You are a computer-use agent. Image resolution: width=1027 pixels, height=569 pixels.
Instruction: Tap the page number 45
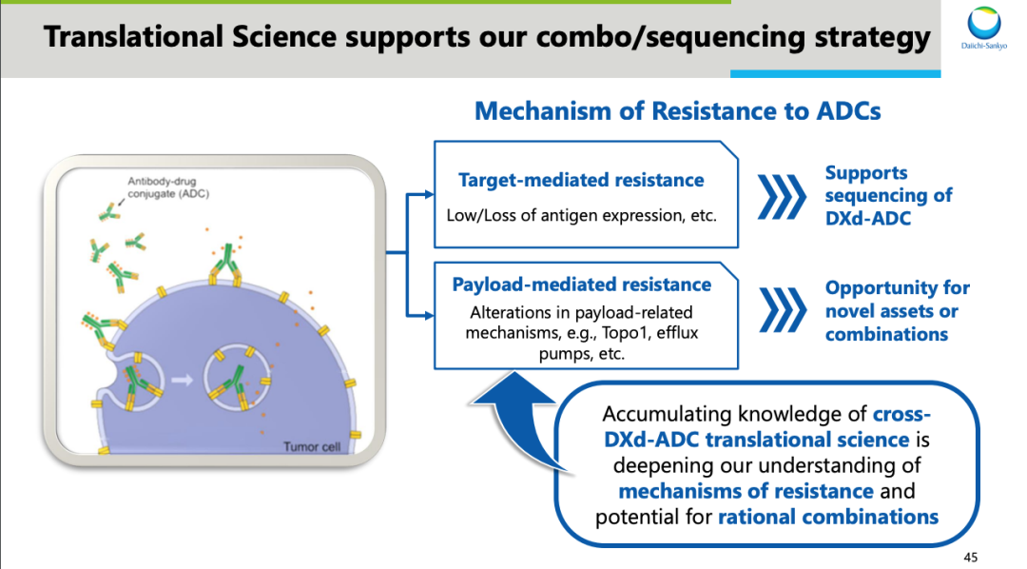971,558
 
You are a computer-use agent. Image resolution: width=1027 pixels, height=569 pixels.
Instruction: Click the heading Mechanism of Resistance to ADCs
677,110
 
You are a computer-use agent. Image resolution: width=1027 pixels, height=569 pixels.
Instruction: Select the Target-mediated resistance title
581,180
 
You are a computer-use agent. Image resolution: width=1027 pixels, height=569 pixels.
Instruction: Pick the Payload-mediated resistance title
582,284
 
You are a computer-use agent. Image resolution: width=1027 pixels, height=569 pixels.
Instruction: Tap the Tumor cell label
312,446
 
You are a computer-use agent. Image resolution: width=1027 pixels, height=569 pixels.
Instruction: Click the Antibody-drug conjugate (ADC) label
168,187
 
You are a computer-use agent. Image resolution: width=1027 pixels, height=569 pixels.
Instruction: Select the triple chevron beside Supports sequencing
782,197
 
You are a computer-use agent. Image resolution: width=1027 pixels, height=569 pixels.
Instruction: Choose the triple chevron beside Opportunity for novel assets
784,309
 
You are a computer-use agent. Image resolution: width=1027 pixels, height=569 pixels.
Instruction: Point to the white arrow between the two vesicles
182,380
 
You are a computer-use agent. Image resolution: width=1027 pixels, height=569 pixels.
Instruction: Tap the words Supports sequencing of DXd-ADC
888,195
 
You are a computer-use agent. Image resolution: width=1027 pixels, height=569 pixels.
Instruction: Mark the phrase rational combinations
828,517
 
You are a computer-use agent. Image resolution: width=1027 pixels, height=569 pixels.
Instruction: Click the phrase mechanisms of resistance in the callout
746,491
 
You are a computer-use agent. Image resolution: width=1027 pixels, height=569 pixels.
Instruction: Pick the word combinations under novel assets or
886,334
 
